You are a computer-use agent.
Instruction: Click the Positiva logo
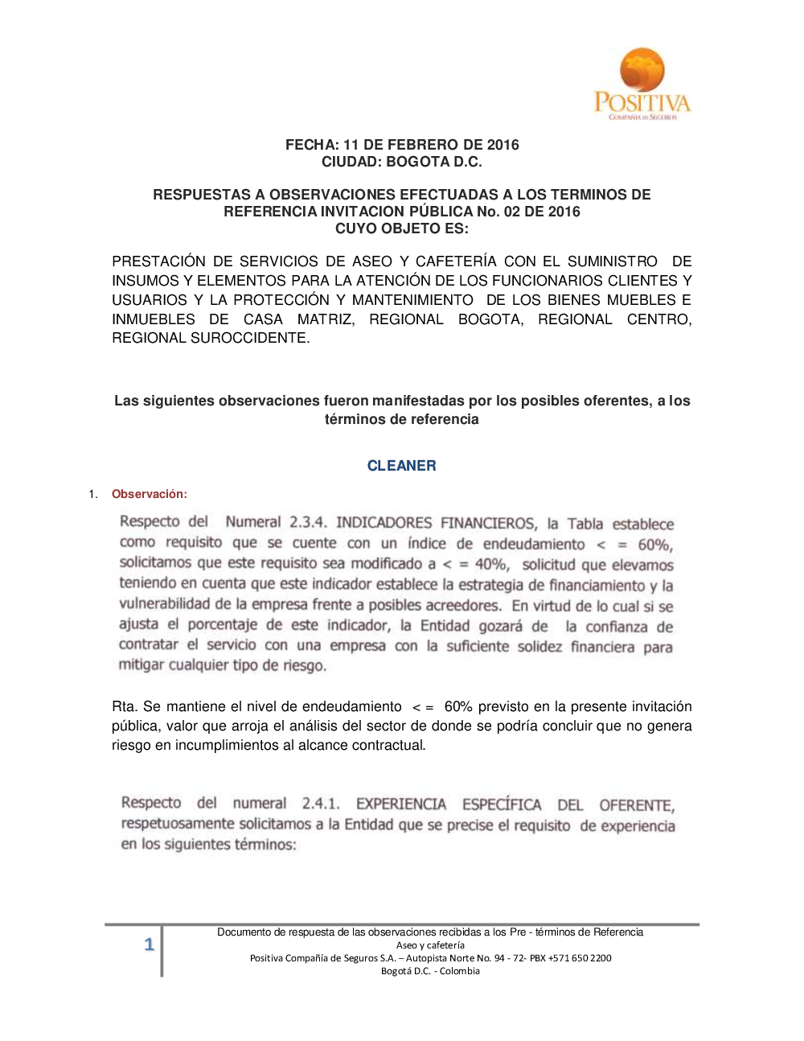click(x=642, y=84)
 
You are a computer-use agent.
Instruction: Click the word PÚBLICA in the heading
click(x=441, y=212)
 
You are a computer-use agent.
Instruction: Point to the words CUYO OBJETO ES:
click(x=401, y=228)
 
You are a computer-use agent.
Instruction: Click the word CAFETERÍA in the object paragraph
click(x=456, y=261)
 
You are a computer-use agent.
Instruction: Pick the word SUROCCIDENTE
click(x=249, y=338)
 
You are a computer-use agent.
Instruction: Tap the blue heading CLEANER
click(x=401, y=466)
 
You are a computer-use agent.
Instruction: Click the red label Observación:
click(x=150, y=494)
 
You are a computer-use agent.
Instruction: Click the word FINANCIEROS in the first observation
click(x=488, y=523)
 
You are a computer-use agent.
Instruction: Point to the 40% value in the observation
click(x=490, y=565)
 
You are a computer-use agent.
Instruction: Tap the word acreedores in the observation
click(x=462, y=605)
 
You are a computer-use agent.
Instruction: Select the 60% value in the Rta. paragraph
click(x=458, y=707)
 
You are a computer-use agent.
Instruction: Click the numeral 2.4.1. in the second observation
click(x=321, y=804)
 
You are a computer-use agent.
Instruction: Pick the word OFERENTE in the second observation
click(x=636, y=805)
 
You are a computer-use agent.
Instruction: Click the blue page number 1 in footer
click(x=149, y=944)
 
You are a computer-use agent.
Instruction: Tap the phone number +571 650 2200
click(x=580, y=958)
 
